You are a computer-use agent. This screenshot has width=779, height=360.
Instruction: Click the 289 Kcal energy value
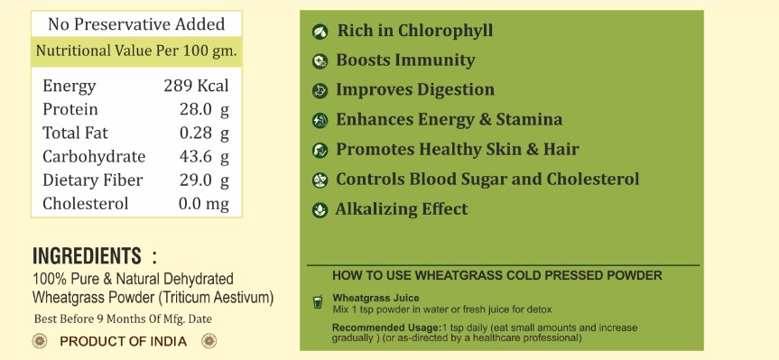pos(196,86)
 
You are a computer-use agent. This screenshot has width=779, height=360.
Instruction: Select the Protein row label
pos(70,109)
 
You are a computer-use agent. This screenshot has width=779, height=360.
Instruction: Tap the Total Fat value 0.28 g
pos(204,133)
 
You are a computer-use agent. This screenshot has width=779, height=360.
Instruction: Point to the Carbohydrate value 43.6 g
pos(204,156)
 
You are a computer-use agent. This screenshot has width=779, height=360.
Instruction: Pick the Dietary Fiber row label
pos(92,180)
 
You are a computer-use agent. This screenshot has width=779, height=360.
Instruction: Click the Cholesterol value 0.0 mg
pos(204,204)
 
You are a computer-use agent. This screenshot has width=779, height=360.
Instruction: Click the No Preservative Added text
pos(136,23)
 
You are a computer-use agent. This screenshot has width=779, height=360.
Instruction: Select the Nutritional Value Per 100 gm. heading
pos(136,51)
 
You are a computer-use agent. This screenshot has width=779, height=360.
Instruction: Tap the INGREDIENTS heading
pos(87,256)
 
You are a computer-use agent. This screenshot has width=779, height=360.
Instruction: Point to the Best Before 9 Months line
pos(123,318)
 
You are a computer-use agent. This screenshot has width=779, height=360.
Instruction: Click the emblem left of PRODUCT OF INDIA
pos(39,341)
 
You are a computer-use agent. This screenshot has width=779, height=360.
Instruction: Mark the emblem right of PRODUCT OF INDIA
pos(209,341)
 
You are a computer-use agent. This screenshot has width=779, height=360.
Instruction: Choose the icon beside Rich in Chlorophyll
pos(320,32)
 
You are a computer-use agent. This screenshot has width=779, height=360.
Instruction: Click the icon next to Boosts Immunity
pos(320,61)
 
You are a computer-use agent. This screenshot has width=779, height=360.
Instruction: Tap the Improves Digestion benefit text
pos(415,90)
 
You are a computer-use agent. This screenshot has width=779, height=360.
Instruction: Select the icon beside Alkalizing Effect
pos(320,210)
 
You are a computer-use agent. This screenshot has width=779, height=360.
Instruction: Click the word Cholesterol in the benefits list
pos(593,180)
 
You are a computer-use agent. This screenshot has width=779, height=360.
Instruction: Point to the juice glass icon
pos(318,301)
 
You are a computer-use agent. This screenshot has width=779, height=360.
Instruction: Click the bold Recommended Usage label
pos(386,328)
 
